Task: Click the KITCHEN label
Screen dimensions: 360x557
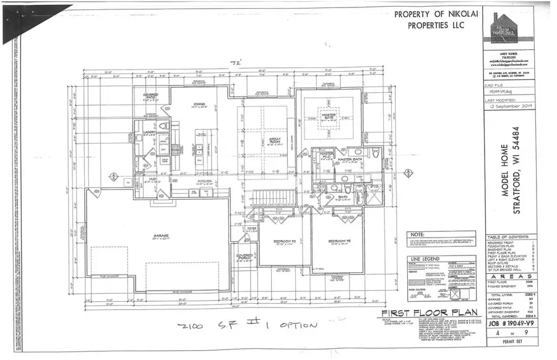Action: click(x=204, y=181)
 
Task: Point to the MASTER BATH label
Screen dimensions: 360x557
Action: click(x=348, y=160)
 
